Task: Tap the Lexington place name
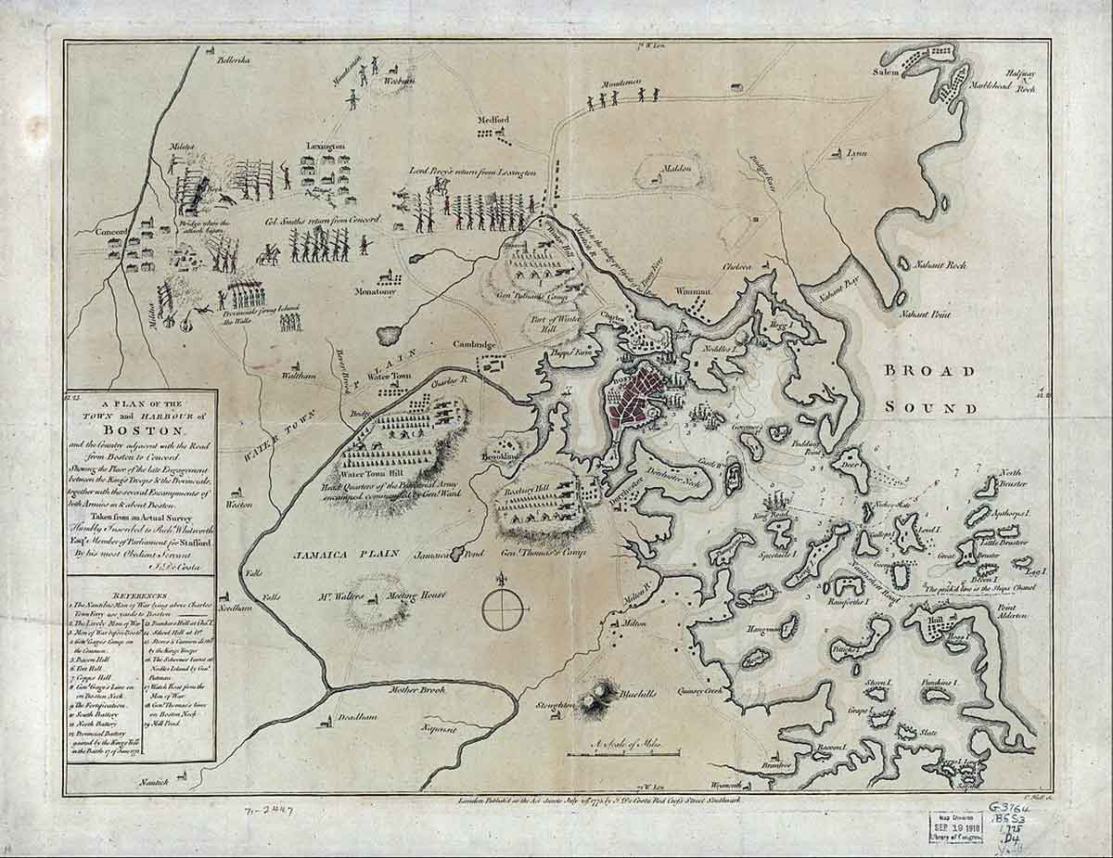(x=326, y=147)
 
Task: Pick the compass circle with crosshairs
(x=505, y=609)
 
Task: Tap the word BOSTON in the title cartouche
(x=140, y=429)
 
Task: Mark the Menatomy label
(x=374, y=291)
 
